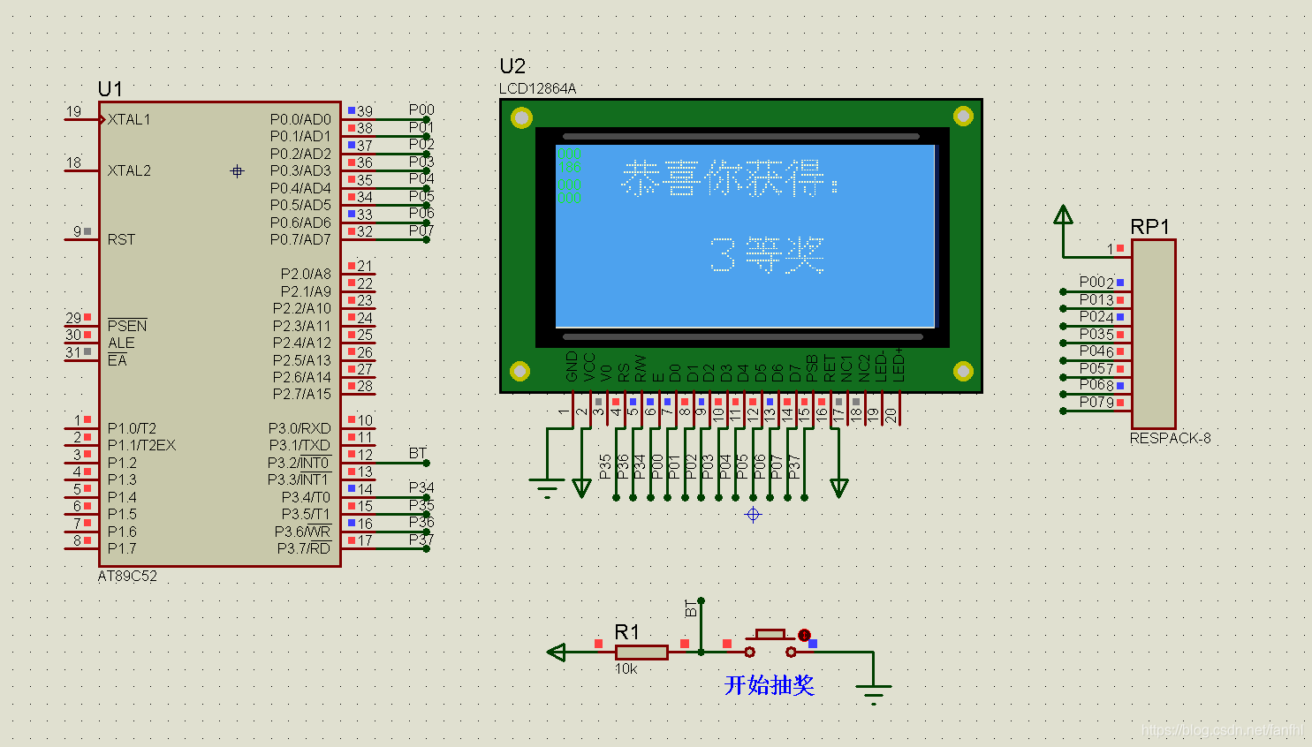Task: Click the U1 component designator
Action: tap(110, 89)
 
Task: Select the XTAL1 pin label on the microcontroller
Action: tap(129, 119)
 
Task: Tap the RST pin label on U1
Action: tap(121, 239)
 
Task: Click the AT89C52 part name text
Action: tap(127, 576)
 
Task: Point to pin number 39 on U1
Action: tap(364, 111)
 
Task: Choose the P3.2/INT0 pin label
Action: tap(299, 463)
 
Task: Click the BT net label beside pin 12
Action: tap(418, 453)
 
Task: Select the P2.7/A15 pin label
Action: tap(301, 394)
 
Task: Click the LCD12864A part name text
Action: tap(537, 88)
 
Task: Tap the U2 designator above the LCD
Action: tap(512, 66)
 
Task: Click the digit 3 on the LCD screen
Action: tap(722, 255)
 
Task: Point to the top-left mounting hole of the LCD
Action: tap(521, 117)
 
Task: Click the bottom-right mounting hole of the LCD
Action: tap(962, 371)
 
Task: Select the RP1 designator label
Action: tap(1149, 227)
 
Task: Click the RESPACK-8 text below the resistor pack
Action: tap(1170, 438)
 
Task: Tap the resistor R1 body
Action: tap(641, 653)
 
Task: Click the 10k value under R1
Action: tap(626, 669)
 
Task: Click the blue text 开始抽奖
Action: tap(769, 685)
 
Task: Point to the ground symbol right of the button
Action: tap(873, 691)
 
